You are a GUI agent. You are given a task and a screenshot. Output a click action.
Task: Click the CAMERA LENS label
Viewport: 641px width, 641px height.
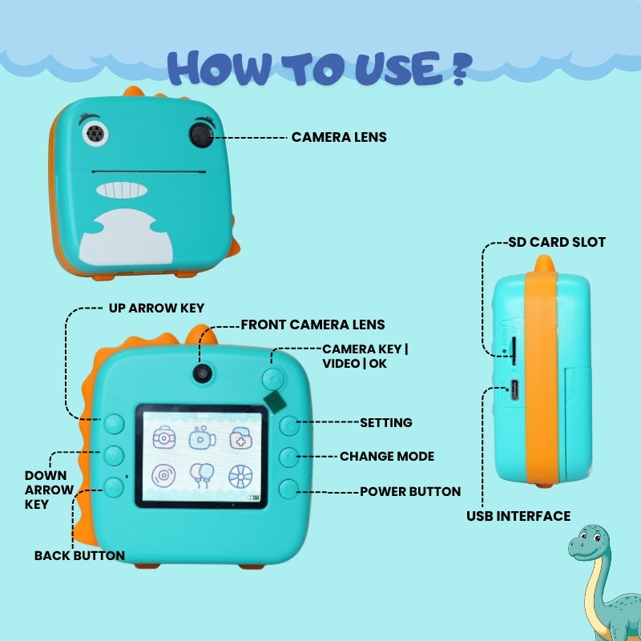(339, 137)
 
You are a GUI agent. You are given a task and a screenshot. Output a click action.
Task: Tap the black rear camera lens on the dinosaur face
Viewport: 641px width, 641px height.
(201, 135)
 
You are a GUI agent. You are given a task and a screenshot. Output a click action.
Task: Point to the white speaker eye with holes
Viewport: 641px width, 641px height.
(95, 133)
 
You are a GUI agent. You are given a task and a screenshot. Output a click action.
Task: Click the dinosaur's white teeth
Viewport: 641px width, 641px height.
(122, 190)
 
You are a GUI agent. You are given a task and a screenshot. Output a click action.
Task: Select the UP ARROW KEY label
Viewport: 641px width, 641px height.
(156, 308)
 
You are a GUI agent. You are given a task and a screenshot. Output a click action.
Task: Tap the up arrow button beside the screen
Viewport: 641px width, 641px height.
(114, 424)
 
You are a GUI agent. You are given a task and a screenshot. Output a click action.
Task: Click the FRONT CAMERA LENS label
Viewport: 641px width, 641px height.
(312, 325)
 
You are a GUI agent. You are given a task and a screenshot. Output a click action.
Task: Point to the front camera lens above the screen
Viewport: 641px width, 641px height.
(204, 373)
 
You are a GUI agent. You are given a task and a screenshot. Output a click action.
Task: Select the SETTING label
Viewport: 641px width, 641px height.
(386, 423)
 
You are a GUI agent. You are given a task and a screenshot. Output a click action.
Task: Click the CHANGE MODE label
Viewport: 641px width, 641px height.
(387, 456)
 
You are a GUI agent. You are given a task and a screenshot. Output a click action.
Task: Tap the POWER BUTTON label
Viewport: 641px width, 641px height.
(410, 491)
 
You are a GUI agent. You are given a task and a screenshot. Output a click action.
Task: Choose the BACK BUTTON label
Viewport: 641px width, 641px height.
(79, 555)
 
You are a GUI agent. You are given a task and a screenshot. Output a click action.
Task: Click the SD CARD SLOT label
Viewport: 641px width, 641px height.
(557, 242)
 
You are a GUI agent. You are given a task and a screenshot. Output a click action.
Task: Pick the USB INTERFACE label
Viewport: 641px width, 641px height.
(518, 516)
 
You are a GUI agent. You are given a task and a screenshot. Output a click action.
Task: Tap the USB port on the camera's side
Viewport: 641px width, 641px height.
(514, 390)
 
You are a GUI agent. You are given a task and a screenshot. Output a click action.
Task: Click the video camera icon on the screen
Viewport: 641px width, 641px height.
(202, 437)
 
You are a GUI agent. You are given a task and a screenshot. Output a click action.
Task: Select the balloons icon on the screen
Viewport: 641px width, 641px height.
(202, 475)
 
